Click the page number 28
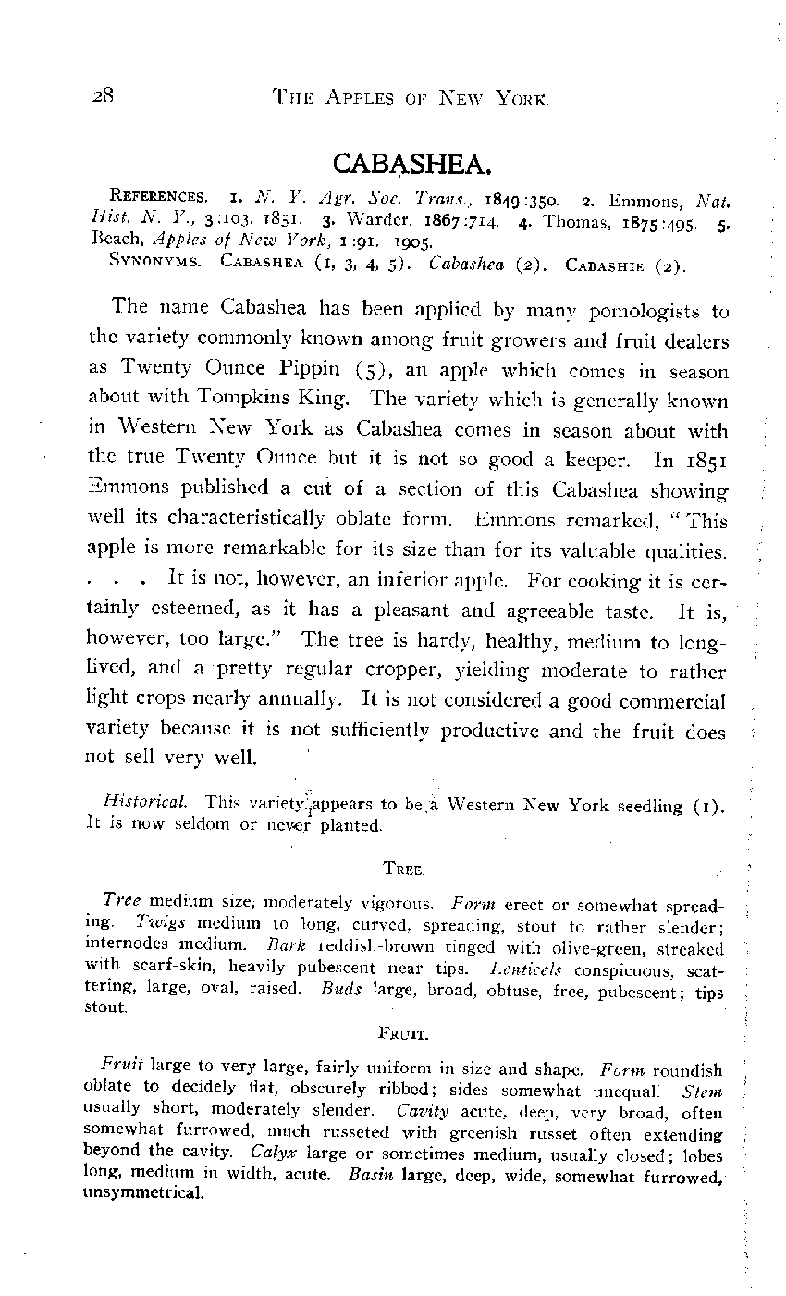click(102, 95)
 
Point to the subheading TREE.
click(404, 870)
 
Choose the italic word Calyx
click(275, 1153)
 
